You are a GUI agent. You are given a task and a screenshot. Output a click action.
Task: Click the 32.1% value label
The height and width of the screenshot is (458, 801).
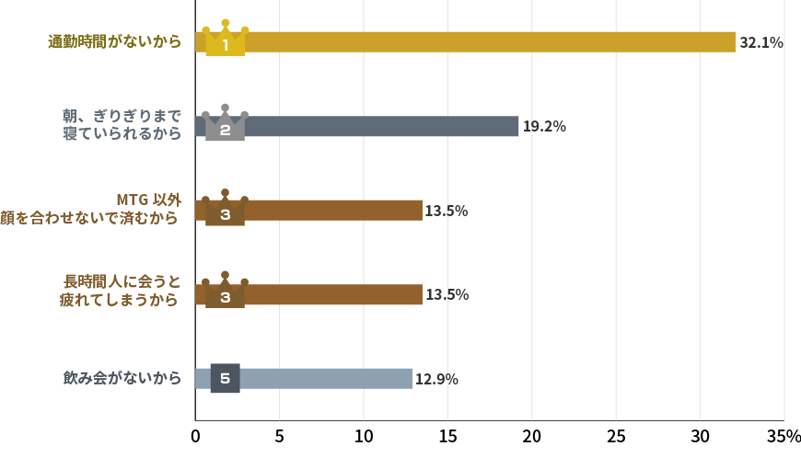click(x=760, y=42)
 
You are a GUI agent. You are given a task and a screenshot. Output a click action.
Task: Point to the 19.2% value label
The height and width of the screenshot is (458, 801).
click(x=544, y=127)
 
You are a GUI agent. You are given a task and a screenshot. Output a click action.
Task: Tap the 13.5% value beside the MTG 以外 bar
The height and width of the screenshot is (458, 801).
click(x=447, y=211)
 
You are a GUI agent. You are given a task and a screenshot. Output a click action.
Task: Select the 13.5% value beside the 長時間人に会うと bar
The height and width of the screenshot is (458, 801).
click(x=447, y=294)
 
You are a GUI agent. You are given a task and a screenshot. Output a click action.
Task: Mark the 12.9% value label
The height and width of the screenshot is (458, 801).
click(x=436, y=379)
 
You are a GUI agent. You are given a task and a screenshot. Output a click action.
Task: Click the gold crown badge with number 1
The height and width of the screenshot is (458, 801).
click(x=225, y=40)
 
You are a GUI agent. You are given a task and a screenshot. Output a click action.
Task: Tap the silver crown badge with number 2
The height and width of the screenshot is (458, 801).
click(x=225, y=124)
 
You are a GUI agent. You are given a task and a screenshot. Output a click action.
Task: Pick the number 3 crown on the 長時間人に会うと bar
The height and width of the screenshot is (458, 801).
click(x=225, y=292)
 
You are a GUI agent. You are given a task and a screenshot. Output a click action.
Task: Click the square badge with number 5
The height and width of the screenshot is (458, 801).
click(x=225, y=378)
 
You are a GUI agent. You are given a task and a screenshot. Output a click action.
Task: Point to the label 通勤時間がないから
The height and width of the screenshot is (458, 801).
click(x=115, y=41)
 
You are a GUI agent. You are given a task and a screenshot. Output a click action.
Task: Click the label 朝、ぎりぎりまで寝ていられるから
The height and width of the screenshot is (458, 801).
click(x=122, y=125)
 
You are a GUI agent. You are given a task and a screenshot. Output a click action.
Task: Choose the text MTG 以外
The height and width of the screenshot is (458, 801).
click(x=148, y=200)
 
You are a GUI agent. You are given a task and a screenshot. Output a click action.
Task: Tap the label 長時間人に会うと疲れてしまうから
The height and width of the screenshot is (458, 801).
click(x=121, y=291)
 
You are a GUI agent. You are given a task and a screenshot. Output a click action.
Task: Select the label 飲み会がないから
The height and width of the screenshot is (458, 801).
click(x=122, y=378)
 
